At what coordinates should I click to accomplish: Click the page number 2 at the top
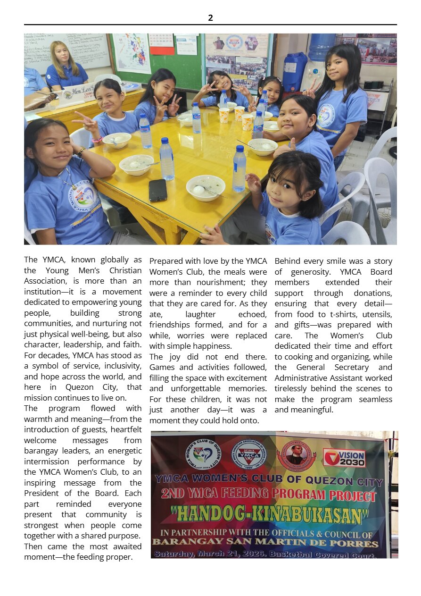point(210,18)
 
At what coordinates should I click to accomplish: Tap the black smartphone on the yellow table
point(158,190)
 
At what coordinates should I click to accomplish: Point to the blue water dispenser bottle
point(322,47)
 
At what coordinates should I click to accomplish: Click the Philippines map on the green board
point(132,53)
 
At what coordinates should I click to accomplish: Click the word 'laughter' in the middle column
point(200,314)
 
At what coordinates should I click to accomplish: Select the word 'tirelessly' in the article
point(296,388)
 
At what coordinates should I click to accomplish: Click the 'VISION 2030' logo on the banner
point(344,457)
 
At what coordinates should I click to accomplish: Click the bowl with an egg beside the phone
point(205,187)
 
